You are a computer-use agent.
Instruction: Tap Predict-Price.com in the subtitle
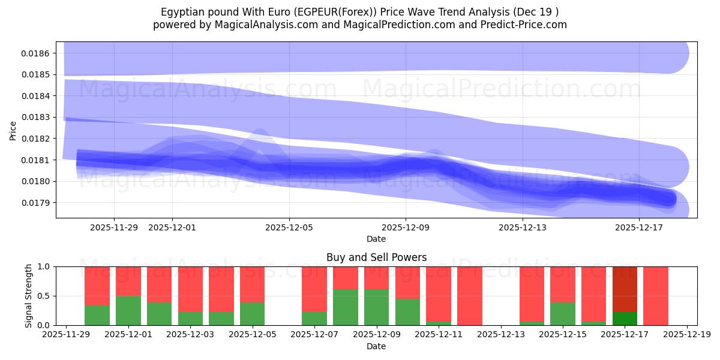[x=523, y=25]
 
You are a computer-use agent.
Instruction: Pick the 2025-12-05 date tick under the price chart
[x=289, y=227]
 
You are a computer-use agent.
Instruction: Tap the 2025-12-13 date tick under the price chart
[x=523, y=227]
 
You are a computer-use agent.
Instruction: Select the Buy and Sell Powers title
[x=376, y=257]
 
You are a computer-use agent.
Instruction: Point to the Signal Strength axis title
[x=29, y=296]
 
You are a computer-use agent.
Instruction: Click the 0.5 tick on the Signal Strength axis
[x=46, y=296]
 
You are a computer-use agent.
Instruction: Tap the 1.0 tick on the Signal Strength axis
[x=46, y=266]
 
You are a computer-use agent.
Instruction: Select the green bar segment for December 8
[x=346, y=307]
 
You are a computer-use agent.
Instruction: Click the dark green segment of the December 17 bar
[x=625, y=319]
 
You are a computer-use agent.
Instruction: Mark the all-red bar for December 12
[x=470, y=296]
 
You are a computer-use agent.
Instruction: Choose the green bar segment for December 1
[x=128, y=311]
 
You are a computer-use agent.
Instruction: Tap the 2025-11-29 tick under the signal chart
[x=66, y=335]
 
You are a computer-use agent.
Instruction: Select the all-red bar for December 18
[x=656, y=296]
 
